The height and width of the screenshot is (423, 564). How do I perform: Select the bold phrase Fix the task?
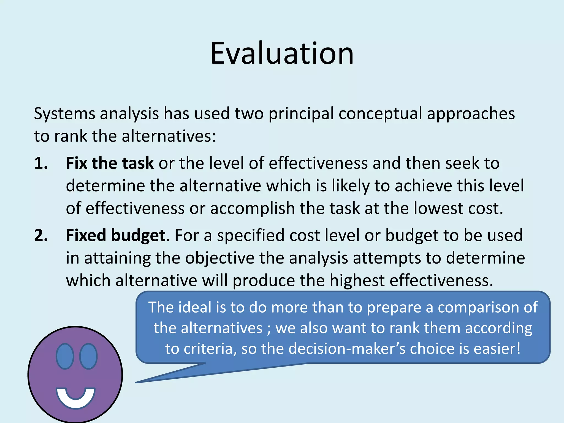click(109, 163)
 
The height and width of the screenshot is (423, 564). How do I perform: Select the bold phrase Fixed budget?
click(116, 236)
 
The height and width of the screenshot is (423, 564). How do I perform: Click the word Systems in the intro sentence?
click(64, 114)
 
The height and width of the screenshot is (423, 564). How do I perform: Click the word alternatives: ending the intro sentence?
click(169, 136)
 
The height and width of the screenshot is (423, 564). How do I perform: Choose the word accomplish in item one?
click(253, 209)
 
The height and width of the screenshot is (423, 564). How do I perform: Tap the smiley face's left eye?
click(65, 356)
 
